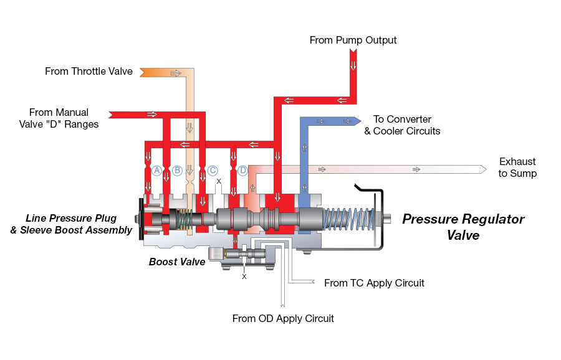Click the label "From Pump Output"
pyautogui.click(x=353, y=40)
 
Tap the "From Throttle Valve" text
pyautogui.click(x=89, y=72)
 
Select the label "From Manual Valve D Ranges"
pyautogui.click(x=64, y=118)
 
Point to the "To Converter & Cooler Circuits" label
pyautogui.click(x=402, y=125)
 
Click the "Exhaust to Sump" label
pyautogui.click(x=517, y=168)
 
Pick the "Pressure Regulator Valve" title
pyautogui.click(x=463, y=227)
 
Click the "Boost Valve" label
pyautogui.click(x=177, y=262)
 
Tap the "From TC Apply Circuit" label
pyautogui.click(x=374, y=283)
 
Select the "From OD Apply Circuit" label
pyautogui.click(x=283, y=319)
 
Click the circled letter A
pyautogui.click(x=157, y=170)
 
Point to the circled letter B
pyautogui.click(x=177, y=170)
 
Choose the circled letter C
pyautogui.click(x=213, y=170)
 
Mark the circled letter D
pyautogui.click(x=243, y=170)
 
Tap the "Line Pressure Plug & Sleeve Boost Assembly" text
pyautogui.click(x=79, y=224)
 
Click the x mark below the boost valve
pyautogui.click(x=244, y=276)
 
